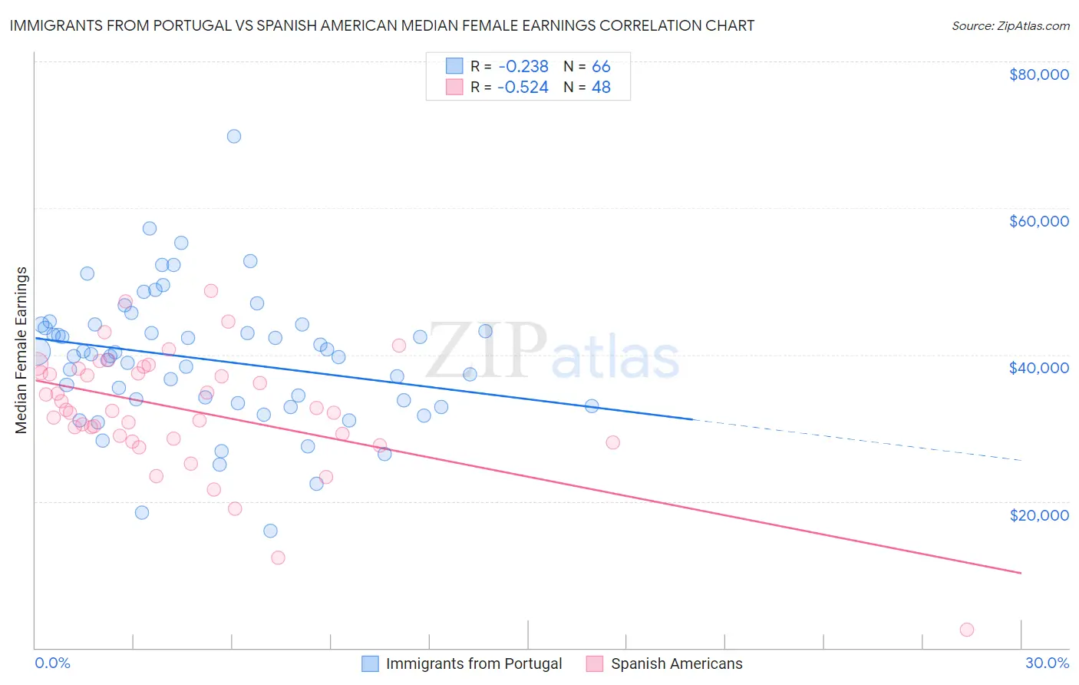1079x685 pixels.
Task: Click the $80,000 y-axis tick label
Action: point(1038,74)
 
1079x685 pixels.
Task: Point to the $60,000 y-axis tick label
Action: point(1038,221)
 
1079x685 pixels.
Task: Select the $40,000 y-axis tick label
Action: point(1038,368)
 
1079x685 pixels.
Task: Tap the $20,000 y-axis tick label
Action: point(1038,515)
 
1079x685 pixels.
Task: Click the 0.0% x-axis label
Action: point(52,663)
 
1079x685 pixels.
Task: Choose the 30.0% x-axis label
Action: point(1047,663)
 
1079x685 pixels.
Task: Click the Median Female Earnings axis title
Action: point(21,350)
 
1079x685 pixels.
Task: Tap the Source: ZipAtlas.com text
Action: point(1010,26)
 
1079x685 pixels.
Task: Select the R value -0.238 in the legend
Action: point(523,67)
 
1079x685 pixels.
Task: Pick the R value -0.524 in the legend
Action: point(523,88)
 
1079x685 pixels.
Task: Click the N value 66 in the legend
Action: point(601,67)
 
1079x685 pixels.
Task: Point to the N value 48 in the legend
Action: point(601,88)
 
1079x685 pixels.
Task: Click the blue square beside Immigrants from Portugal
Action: point(370,663)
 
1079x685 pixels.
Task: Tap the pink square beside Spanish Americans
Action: point(595,663)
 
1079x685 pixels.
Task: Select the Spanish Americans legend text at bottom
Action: point(676,663)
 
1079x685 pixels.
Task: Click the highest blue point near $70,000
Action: point(234,137)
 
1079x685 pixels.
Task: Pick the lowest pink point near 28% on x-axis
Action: point(967,630)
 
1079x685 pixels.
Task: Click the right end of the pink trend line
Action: point(1020,573)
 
